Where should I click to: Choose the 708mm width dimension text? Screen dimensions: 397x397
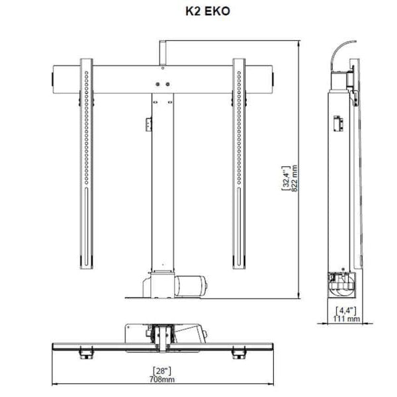click(x=163, y=379)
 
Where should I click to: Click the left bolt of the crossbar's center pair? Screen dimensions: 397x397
click(x=157, y=84)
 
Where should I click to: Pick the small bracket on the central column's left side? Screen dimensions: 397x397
click(x=148, y=124)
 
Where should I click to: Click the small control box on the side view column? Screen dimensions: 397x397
click(x=336, y=123)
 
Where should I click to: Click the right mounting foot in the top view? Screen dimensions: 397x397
click(x=237, y=355)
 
